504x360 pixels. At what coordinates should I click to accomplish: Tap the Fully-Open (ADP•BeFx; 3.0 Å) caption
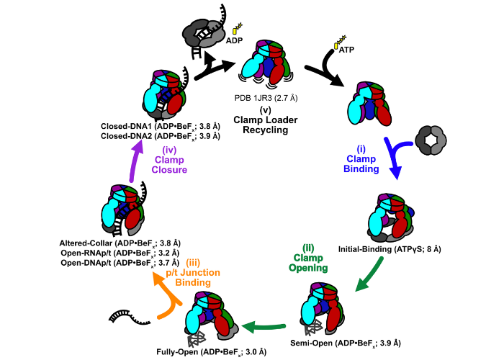tap(212, 352)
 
